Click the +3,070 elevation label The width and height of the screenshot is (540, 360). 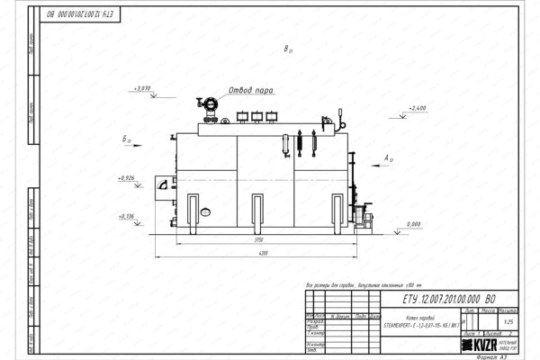point(141,89)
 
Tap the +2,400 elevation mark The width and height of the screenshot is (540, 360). point(416,108)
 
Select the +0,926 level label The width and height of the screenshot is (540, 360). point(127,179)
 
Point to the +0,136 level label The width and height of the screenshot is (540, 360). point(127,216)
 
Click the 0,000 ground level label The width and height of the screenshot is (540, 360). point(414,223)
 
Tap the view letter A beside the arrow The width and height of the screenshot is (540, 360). point(386,157)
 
